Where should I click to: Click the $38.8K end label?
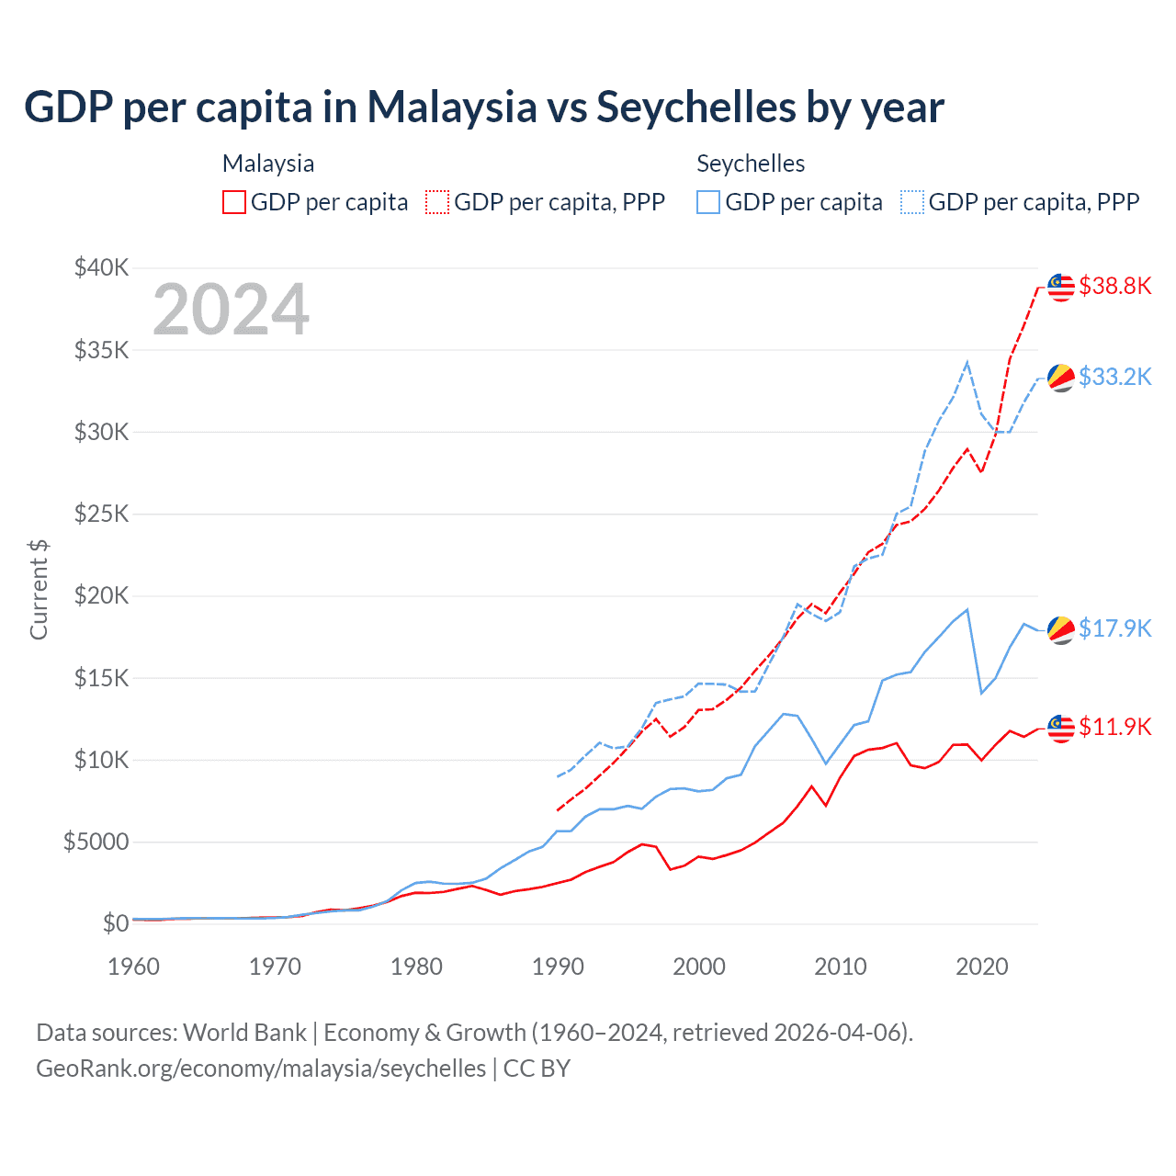[1114, 286]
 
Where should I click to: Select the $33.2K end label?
[1114, 377]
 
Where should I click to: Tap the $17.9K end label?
[1114, 628]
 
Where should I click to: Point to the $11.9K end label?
[1114, 727]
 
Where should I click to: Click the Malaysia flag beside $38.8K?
[1061, 287]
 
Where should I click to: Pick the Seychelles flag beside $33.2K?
[1061, 377]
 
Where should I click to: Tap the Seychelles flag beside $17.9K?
[1061, 629]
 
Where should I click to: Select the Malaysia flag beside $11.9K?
[1061, 728]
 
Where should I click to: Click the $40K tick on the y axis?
[102, 267]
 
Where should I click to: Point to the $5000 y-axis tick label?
[96, 842]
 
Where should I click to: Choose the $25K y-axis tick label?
[102, 514]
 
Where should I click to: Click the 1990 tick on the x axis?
[558, 967]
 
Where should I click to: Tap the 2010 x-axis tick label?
[841, 967]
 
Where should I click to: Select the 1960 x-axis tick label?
[134, 967]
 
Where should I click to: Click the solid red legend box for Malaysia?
[234, 202]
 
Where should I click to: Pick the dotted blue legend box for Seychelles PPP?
[912, 202]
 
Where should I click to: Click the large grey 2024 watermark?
[231, 310]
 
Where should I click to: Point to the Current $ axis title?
[39, 590]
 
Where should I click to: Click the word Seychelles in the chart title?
[695, 107]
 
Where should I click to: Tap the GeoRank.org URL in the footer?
[261, 1069]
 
